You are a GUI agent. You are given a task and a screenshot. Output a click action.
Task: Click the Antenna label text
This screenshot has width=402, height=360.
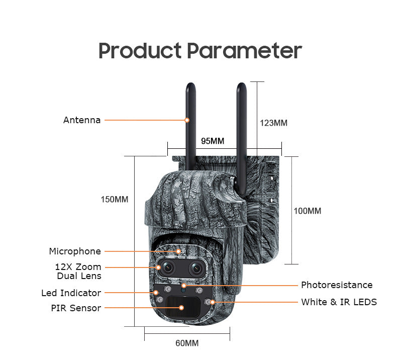pyautogui.click(x=82, y=120)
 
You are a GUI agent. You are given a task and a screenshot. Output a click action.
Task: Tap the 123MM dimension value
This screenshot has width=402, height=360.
pyautogui.click(x=273, y=123)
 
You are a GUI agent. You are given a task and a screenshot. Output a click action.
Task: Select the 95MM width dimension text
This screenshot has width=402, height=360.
pyautogui.click(x=213, y=141)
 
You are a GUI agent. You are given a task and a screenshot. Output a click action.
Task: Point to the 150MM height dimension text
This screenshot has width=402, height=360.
pyautogui.click(x=115, y=200)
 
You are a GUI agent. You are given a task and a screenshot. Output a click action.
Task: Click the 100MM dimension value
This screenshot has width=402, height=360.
pyautogui.click(x=308, y=211)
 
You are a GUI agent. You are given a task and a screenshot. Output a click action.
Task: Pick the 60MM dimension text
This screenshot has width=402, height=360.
pyautogui.click(x=187, y=343)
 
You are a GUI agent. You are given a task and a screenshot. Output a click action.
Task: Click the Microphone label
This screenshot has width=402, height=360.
pyautogui.click(x=75, y=251)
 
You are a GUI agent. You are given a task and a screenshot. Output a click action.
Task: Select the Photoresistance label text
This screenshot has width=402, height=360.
pyautogui.click(x=337, y=285)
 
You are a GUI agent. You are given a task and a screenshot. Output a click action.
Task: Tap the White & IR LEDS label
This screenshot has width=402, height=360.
pyautogui.click(x=339, y=302)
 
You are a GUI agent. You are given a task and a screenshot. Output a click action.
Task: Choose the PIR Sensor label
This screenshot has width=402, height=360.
pyautogui.click(x=76, y=308)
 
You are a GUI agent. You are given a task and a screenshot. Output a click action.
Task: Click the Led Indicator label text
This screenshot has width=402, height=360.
pyautogui.click(x=71, y=293)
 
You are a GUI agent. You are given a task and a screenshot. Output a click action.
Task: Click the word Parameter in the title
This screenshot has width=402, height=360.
pyautogui.click(x=244, y=51)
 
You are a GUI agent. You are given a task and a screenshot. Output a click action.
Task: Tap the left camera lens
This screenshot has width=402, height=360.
pyautogui.click(x=167, y=267)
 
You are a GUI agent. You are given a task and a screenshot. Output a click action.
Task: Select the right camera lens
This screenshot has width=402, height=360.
pyautogui.click(x=197, y=268)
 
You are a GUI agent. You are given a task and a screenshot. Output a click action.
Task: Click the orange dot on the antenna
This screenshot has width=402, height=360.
pyautogui.click(x=187, y=120)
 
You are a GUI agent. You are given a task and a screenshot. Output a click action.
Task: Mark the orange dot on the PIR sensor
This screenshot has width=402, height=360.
pyautogui.click(x=181, y=308)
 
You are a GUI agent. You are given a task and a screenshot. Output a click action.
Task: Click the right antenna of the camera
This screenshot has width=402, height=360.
pyautogui.click(x=242, y=139)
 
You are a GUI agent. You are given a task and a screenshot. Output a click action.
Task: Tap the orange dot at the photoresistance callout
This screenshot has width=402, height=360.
pyautogui.click(x=184, y=285)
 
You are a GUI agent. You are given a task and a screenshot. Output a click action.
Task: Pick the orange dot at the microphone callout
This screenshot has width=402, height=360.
pyautogui.click(x=178, y=251)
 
